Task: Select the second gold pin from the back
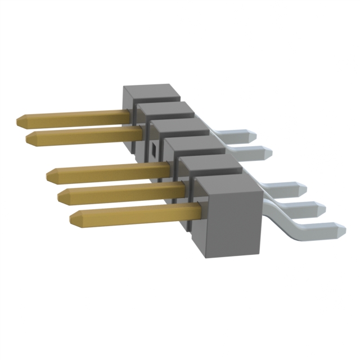coord(84,135)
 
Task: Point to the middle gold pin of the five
coord(107,172)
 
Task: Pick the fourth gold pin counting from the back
coord(118,194)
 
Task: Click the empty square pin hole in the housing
coord(153,150)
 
